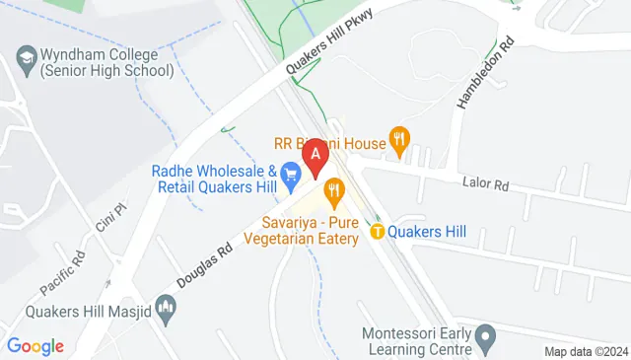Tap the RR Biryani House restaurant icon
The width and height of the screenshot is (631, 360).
pyautogui.click(x=398, y=140)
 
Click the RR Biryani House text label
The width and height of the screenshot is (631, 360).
pyautogui.click(x=330, y=144)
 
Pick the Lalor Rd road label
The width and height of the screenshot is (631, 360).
pyautogui.click(x=487, y=183)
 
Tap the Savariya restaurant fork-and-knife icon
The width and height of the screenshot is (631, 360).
pyautogui.click(x=334, y=187)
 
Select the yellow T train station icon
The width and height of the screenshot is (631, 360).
pyautogui.click(x=378, y=232)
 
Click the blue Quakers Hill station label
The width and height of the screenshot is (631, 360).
pyautogui.click(x=427, y=232)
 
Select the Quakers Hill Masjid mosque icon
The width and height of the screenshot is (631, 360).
pyautogui.click(x=167, y=312)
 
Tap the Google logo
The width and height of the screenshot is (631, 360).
pyautogui.click(x=35, y=346)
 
